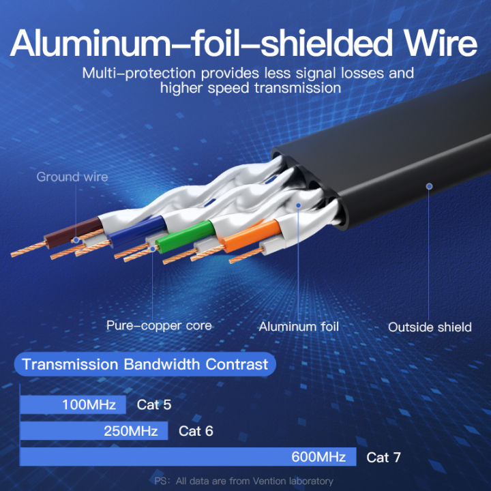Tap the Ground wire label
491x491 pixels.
[x=72, y=177]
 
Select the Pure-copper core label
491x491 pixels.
[x=159, y=326]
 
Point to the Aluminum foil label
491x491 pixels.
[x=299, y=327]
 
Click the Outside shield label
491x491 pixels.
[x=430, y=327]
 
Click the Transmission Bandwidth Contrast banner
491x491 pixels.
[x=145, y=363]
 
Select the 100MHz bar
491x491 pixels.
[x=73, y=404]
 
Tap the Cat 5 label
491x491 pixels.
[x=154, y=404]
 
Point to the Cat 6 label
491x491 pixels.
[x=196, y=431]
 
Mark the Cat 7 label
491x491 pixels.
[x=384, y=457]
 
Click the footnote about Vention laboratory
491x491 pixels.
[x=244, y=481]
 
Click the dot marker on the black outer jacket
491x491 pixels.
[x=429, y=185]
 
